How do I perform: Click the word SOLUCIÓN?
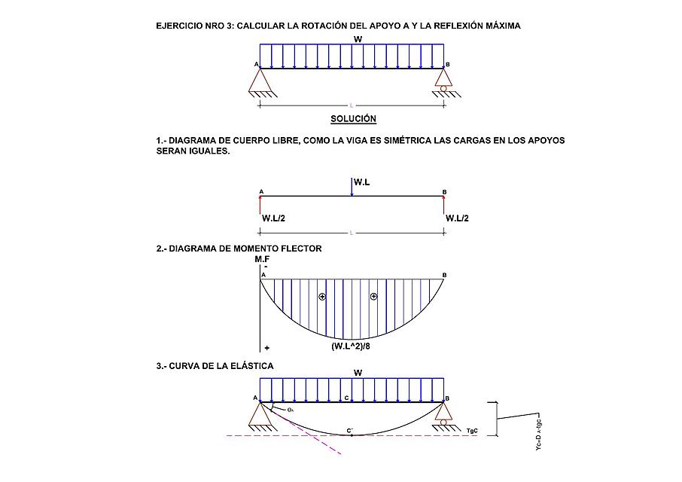353,119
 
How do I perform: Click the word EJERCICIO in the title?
178,26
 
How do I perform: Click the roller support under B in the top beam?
443,81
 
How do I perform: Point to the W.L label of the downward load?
362,182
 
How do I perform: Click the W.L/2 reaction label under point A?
272,218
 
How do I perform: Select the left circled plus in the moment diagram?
322,297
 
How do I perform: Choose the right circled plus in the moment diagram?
373,297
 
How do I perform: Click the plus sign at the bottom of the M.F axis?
267,349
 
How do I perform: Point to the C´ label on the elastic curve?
350,431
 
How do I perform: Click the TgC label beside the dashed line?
473,430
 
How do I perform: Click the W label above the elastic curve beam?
358,372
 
